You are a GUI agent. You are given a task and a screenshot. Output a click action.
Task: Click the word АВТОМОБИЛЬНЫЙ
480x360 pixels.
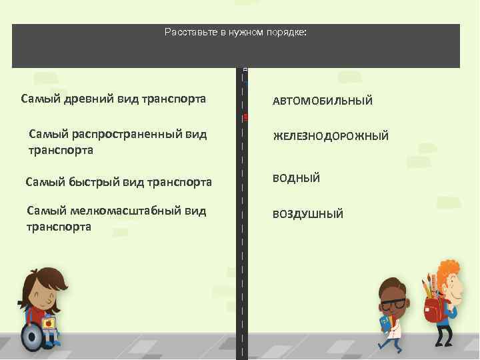pos(322,101)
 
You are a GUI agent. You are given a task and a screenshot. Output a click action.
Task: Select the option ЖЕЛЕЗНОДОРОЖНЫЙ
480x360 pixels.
pos(330,137)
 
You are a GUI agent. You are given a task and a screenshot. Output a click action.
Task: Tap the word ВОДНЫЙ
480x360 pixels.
pos(296,178)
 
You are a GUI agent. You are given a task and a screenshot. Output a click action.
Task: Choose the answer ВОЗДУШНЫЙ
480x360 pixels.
pos(307,215)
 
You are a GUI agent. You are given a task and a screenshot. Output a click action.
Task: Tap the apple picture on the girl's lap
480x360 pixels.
pos(48,323)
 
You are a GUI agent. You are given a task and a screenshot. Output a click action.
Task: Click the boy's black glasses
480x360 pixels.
pos(392,304)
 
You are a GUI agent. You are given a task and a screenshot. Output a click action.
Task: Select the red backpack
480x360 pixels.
pos(433,309)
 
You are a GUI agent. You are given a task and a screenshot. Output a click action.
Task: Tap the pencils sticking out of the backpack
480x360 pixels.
pos(428,286)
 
